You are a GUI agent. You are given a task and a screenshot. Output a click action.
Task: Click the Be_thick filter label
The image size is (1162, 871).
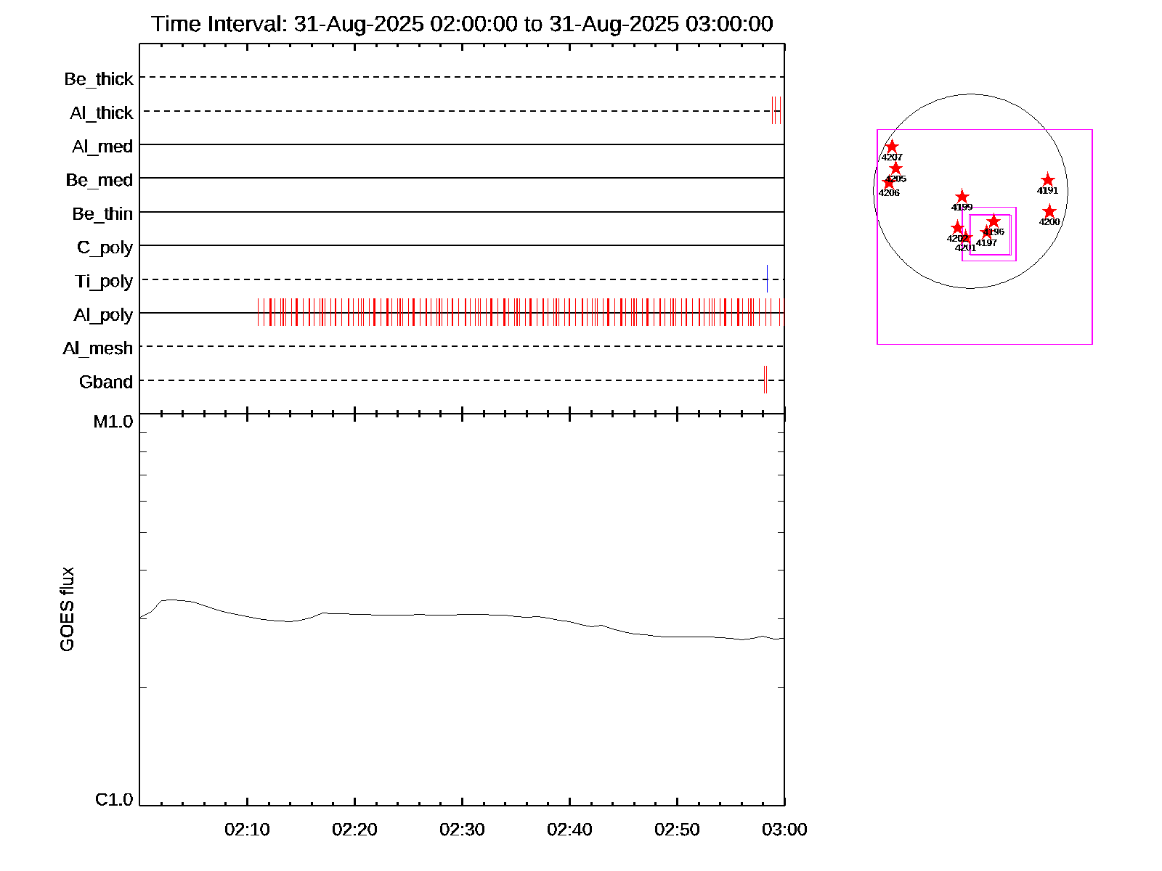tap(99, 78)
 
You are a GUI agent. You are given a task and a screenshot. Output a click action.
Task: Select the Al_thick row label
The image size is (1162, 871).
tap(102, 113)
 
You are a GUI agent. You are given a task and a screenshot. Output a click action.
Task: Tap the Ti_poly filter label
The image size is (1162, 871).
tap(104, 281)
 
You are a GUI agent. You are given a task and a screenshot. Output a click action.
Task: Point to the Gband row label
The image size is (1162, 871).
tap(106, 382)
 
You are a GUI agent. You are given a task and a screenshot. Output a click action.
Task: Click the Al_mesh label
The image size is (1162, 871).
tap(98, 348)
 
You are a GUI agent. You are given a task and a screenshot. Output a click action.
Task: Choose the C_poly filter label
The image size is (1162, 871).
tap(105, 248)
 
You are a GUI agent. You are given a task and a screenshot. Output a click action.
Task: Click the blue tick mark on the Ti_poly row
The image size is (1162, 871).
tap(767, 279)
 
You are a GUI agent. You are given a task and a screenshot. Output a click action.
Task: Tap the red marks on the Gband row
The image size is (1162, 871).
tap(765, 380)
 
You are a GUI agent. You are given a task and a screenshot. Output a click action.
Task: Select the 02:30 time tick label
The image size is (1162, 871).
tap(462, 830)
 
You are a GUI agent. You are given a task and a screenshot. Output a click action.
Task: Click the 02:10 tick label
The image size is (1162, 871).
tap(247, 830)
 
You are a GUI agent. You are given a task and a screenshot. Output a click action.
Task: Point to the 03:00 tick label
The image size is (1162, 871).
tap(784, 830)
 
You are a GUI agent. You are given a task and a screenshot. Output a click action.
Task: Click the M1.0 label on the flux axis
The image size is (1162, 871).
tap(113, 422)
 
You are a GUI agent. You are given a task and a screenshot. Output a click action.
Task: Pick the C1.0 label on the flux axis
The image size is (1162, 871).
tap(114, 800)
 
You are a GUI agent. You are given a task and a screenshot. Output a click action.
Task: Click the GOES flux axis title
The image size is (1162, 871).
tap(67, 610)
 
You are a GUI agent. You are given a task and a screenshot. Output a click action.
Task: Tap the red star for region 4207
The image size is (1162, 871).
tap(892, 147)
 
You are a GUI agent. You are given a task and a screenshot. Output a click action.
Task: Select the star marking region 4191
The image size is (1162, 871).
tap(1047, 180)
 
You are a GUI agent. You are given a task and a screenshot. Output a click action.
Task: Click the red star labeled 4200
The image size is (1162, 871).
tap(1049, 211)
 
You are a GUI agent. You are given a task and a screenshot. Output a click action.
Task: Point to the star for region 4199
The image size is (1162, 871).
tap(962, 197)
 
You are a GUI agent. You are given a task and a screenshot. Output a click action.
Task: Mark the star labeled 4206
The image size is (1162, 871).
tap(888, 182)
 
